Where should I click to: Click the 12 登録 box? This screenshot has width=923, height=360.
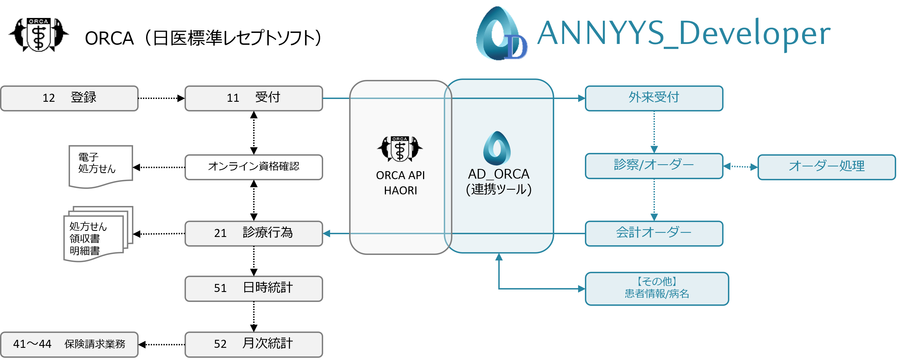tap(69, 98)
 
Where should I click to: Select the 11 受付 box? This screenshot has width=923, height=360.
tap(254, 98)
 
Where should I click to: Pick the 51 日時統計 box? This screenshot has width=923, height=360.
tap(254, 288)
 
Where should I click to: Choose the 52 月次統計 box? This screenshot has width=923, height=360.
tap(254, 344)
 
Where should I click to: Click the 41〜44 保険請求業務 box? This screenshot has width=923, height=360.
tap(69, 344)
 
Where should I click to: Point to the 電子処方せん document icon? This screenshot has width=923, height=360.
tap(100, 166)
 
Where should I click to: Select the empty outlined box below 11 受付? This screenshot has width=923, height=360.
tap(254, 167)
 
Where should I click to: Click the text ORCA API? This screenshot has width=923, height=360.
tap(400, 175)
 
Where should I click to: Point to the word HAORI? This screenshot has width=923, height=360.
tap(400, 191)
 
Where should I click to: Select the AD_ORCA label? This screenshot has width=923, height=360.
tap(498, 174)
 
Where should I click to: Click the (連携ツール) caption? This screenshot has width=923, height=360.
tap(498, 189)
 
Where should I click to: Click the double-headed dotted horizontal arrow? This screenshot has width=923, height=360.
tap(740, 166)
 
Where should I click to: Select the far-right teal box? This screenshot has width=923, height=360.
tap(826, 167)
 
